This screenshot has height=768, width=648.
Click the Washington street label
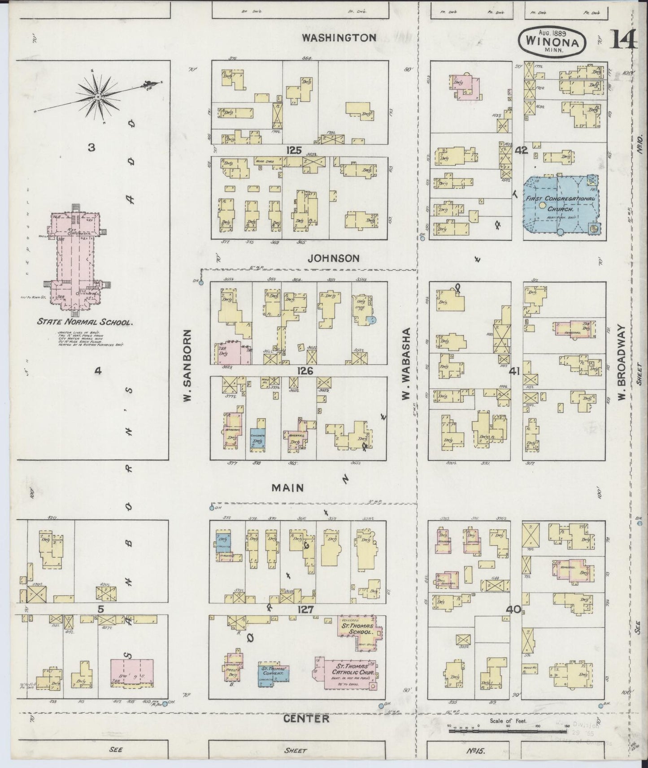click(339, 37)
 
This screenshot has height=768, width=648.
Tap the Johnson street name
click(334, 258)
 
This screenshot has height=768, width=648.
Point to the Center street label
click(307, 719)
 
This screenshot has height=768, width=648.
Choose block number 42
click(521, 151)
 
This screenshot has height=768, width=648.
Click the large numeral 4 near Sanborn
click(91, 371)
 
